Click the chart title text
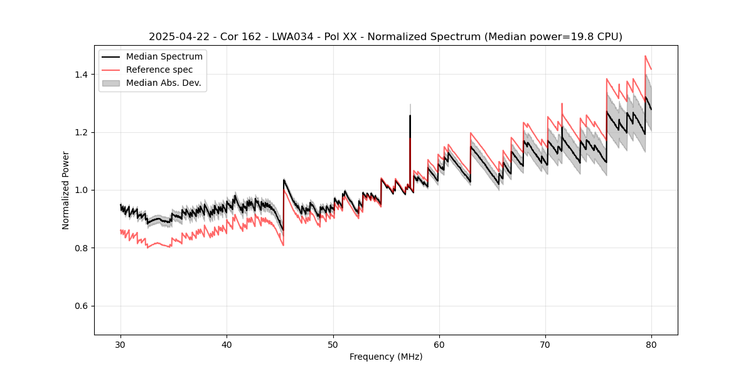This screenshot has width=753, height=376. (385, 37)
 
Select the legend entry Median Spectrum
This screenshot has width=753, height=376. (164, 57)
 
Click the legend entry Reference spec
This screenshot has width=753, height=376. (159, 70)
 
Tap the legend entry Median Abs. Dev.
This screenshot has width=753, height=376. (163, 83)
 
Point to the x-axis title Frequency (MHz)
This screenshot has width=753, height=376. (386, 357)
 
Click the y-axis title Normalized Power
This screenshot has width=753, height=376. (66, 190)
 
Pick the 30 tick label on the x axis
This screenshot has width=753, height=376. (120, 344)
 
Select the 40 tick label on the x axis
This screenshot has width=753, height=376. (227, 344)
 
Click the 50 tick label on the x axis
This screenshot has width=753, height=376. (333, 344)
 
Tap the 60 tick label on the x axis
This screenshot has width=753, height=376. (439, 344)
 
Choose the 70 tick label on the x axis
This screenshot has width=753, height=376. (545, 344)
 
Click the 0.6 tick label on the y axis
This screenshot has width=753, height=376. (82, 306)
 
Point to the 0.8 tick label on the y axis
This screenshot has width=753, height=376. (82, 248)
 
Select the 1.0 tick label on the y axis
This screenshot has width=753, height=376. (82, 190)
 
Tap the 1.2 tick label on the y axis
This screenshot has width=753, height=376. (82, 132)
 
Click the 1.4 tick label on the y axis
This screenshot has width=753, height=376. (82, 75)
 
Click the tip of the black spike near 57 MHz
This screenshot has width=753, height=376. (410, 115)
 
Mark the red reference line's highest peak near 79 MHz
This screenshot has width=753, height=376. (645, 56)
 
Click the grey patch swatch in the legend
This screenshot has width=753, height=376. (111, 83)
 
